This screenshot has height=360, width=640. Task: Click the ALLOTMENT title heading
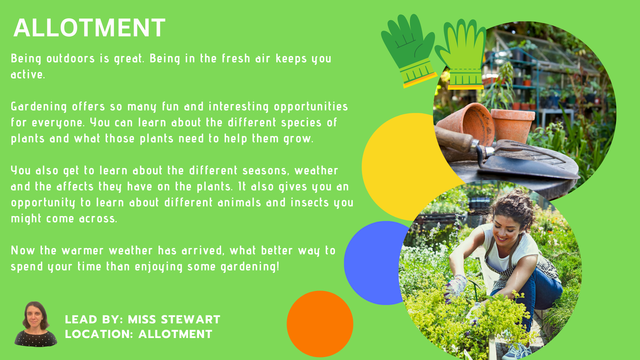pos(89,28)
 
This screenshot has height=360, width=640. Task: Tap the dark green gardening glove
pos(409,50)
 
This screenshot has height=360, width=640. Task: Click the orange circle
pos(320,324)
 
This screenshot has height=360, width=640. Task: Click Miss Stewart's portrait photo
pos(36,324)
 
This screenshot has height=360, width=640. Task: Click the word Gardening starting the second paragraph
pos(39,107)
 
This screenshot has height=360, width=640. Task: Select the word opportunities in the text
pos(311,107)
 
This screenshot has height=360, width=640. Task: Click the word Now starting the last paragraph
pos(23,250)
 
